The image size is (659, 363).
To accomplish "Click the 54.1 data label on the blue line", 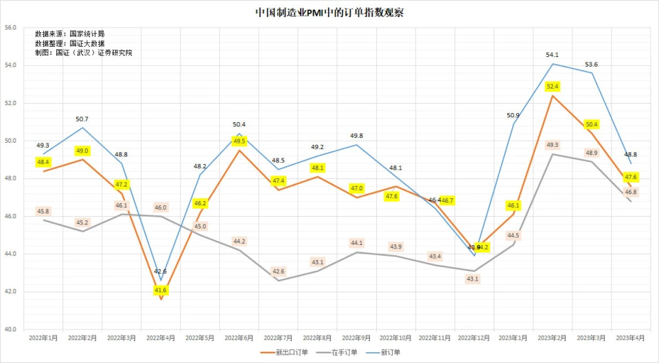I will point(553,54).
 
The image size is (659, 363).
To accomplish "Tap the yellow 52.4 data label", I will point(553,86).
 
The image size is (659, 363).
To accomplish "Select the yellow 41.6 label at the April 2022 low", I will point(161,290).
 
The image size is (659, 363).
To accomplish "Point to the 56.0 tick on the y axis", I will point(10,27).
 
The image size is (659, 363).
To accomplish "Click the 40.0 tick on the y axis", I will point(10,329).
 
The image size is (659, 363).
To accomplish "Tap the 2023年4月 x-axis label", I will point(631,338).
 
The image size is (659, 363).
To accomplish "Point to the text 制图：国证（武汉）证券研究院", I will point(83,53).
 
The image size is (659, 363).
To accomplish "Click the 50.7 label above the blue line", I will point(82,119).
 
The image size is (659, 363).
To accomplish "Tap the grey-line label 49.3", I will point(553,145).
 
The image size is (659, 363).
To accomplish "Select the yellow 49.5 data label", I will point(239,141).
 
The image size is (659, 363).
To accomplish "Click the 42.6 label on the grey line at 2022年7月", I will point(278,272).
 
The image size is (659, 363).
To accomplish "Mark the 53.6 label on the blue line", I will point(591,65).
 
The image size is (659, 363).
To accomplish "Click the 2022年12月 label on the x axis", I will point(474,338).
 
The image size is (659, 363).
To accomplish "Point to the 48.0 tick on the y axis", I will point(10,178).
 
